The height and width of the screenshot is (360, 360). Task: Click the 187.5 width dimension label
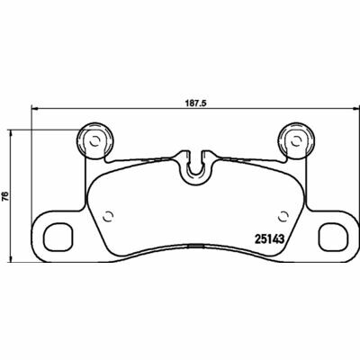pyautogui.click(x=194, y=103)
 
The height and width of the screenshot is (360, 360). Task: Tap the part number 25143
pyautogui.click(x=269, y=239)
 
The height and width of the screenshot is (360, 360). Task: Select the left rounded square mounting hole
pyautogui.click(x=58, y=237)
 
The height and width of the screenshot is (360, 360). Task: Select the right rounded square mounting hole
pyautogui.click(x=334, y=237)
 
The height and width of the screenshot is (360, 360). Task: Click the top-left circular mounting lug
pyautogui.click(x=95, y=140)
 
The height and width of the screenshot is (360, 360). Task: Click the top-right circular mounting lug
pyautogui.click(x=297, y=140)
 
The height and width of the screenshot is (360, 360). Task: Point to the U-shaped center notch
pyautogui.click(x=196, y=168)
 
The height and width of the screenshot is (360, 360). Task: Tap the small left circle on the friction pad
pyautogui.click(x=108, y=217)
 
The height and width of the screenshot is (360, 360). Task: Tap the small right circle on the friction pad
pyautogui.click(x=283, y=217)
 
